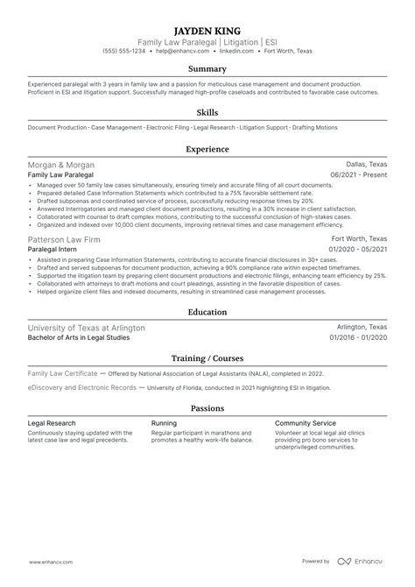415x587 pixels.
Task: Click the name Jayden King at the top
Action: point(207,27)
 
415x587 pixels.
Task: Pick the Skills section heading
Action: point(207,112)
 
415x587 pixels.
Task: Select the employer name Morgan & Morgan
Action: point(61,165)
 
